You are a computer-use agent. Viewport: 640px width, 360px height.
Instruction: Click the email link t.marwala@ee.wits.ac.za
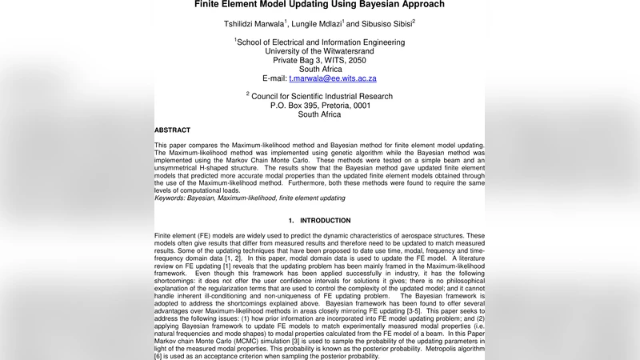[332, 78]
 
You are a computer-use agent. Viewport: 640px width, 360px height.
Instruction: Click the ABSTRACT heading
[172, 130]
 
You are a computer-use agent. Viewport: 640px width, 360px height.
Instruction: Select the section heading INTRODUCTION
[325, 221]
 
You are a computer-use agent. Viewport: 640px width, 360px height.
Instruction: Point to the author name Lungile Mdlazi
[321, 25]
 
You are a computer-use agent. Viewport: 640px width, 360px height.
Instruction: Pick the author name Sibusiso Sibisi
[385, 25]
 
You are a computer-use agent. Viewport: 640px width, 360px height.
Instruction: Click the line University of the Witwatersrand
[319, 51]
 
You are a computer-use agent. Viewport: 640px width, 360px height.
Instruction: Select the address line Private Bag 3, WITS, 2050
[319, 60]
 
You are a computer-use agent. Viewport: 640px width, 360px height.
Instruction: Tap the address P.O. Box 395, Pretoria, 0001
[319, 106]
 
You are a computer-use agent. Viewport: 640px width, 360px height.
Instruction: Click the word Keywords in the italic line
[169, 197]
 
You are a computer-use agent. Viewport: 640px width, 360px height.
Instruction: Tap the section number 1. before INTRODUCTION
[292, 221]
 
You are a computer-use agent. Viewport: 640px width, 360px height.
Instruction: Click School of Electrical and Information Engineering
[321, 42]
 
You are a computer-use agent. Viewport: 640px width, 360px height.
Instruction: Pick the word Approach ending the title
[427, 5]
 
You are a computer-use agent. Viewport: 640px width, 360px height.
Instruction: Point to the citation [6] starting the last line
[158, 356]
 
